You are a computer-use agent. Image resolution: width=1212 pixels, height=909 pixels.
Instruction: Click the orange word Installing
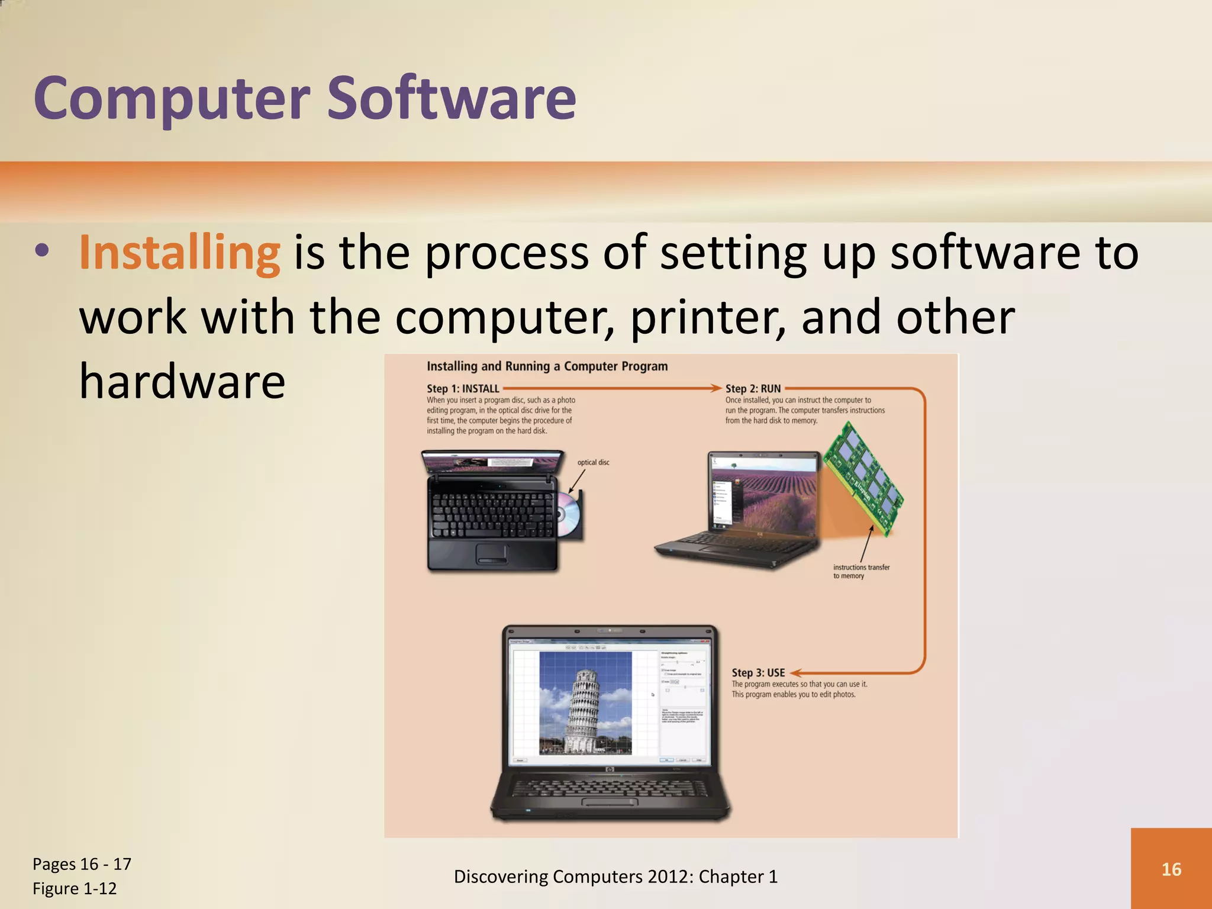179,253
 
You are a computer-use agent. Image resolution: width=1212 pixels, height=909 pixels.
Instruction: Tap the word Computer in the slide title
172,98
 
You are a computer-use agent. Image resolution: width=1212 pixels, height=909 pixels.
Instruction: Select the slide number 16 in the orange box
1171,869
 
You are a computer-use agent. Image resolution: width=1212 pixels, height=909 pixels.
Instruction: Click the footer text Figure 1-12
75,888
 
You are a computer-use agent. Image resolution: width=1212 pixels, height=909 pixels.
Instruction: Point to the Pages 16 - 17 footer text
82,864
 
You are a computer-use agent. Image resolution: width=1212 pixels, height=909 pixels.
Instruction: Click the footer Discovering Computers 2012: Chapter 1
615,876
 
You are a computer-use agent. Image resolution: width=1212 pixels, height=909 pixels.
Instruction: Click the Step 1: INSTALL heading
463,389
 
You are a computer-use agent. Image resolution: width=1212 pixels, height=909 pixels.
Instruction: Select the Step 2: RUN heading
753,389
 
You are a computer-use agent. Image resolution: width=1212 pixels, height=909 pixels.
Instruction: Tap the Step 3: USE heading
758,673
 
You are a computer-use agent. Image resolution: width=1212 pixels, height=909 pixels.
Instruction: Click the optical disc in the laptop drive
569,513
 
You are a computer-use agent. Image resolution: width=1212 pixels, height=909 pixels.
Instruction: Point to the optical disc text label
593,462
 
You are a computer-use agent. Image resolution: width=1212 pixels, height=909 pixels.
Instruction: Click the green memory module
863,479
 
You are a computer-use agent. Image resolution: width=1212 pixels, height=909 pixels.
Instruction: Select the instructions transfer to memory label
861,571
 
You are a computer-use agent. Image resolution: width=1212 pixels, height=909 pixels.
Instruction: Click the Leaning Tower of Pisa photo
585,702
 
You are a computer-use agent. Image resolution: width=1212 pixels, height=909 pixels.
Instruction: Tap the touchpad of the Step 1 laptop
492,554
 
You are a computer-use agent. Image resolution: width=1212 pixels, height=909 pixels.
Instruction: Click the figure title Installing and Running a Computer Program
547,366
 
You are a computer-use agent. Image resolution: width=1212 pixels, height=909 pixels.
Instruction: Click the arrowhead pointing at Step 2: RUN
717,388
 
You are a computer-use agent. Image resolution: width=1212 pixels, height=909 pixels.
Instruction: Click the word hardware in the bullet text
182,381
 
